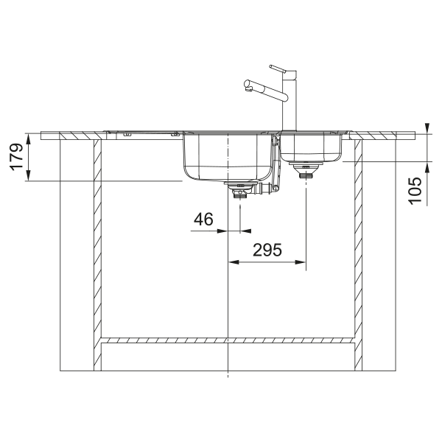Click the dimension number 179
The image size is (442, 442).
point(17,157)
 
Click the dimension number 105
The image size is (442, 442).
point(415,191)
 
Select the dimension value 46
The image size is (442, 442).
point(203,219)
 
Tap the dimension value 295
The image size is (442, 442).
point(267,250)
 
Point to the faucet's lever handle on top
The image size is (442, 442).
point(278,69)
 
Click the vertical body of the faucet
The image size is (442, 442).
point(290,101)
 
